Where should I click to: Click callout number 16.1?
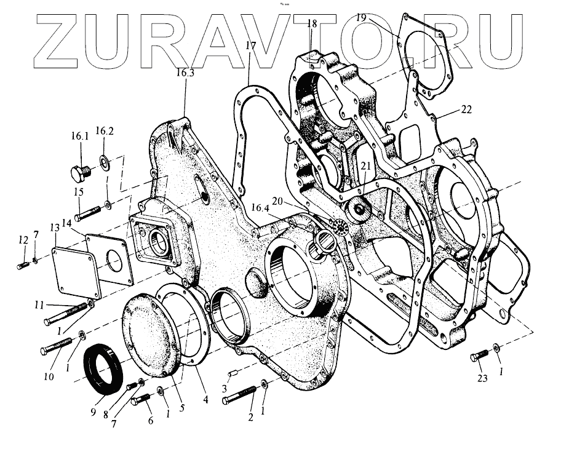[x=81, y=137]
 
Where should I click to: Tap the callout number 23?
[x=482, y=378]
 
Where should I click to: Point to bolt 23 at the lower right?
[x=479, y=356]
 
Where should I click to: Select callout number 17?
[x=250, y=46]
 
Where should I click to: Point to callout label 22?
[x=466, y=109]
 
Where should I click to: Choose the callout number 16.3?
[x=185, y=73]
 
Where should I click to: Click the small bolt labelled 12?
[x=23, y=265]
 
